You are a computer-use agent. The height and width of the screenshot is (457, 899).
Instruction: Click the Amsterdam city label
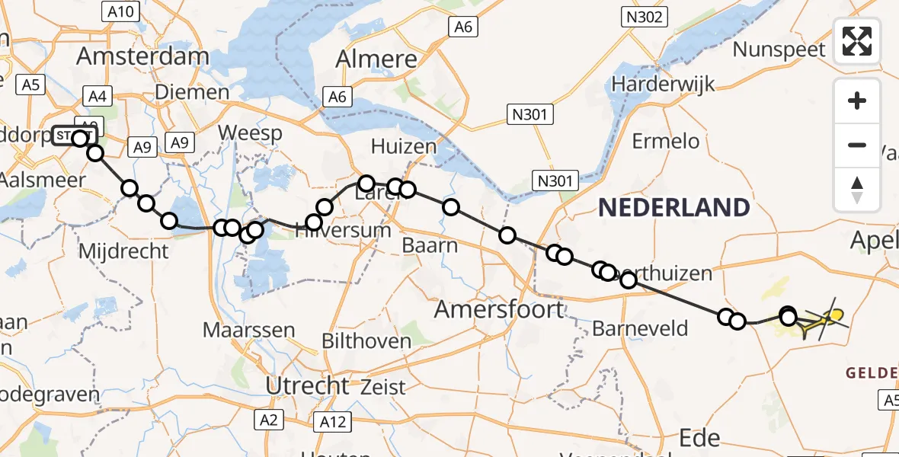coord(142,56)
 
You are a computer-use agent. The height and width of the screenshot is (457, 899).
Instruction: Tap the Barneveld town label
coord(640,329)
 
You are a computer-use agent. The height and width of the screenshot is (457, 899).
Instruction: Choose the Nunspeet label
coord(779,50)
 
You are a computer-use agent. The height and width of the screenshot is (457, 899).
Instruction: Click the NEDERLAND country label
coord(673,207)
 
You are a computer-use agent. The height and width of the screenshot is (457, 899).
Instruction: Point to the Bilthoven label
coord(366,340)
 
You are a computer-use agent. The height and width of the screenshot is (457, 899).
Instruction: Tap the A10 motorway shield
coord(120,11)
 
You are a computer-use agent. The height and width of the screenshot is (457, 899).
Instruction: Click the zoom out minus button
coord(857,145)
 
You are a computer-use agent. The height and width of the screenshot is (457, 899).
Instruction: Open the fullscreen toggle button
coord(857,41)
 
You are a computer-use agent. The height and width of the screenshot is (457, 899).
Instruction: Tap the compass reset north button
coord(857,189)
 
